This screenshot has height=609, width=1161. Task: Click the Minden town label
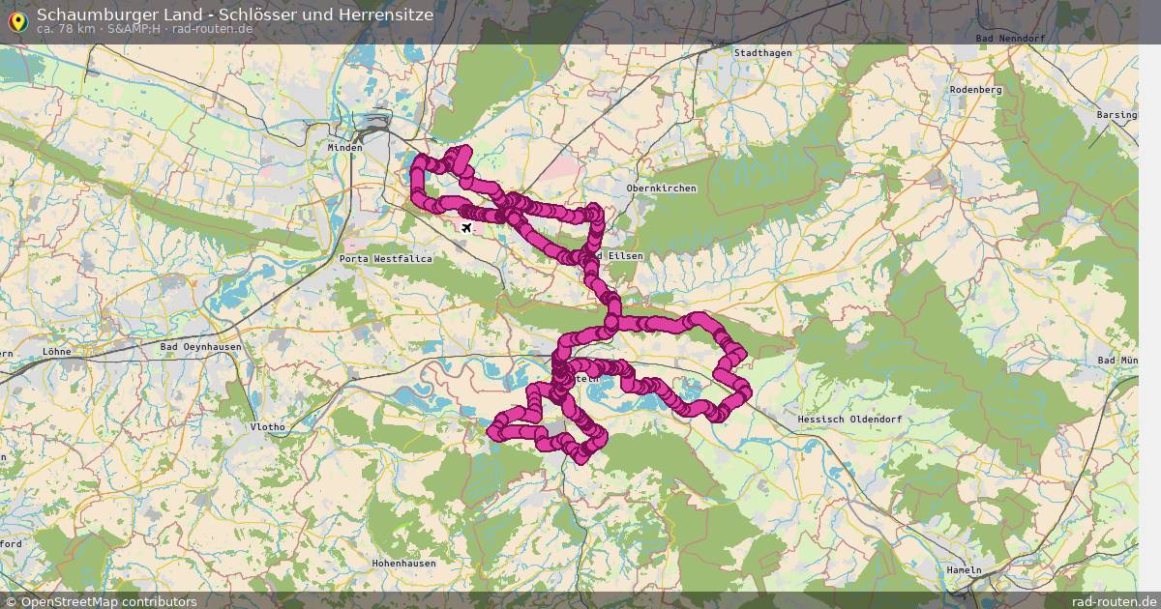pyautogui.click(x=344, y=148)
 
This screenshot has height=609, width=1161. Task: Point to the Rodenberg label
pyautogui.click(x=975, y=89)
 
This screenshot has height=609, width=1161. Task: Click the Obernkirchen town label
pyautogui.click(x=661, y=188)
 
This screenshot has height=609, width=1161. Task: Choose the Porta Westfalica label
pyautogui.click(x=386, y=259)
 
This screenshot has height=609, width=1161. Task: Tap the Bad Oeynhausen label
pyautogui.click(x=200, y=346)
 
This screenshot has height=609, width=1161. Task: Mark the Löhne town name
pyautogui.click(x=57, y=352)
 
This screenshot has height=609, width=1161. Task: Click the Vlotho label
pyautogui.click(x=267, y=426)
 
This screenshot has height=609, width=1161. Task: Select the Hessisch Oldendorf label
pyautogui.click(x=848, y=419)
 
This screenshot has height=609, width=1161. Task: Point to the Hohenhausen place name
pyautogui.click(x=403, y=563)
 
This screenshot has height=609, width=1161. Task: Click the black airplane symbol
pyautogui.click(x=467, y=227)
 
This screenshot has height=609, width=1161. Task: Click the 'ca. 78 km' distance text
pyautogui.click(x=66, y=29)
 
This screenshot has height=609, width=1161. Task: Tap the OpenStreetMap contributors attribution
pyautogui.click(x=100, y=601)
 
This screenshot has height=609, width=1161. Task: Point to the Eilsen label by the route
pyautogui.click(x=622, y=255)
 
